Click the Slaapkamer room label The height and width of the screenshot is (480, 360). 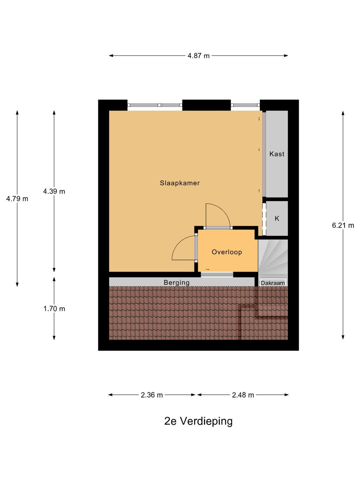[180, 183]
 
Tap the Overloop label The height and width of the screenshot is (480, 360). [227, 252]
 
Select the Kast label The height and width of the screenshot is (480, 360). [277, 154]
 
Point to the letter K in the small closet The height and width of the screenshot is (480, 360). [277, 218]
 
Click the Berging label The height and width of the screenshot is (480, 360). [176, 283]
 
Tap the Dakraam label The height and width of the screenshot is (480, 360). [273, 283]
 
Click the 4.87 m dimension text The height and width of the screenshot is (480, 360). [198, 56]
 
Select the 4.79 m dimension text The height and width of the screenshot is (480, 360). [17, 199]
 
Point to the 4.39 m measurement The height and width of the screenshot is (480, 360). [54, 191]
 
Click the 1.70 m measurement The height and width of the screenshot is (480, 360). [54, 309]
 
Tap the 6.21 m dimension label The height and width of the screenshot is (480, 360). [343, 225]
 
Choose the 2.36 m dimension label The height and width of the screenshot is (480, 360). [152, 395]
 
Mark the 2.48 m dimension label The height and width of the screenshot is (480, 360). [243, 395]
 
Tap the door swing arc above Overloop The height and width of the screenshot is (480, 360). [223, 211]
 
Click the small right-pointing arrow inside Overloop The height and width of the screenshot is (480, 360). [207, 269]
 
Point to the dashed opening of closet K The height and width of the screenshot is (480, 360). [264, 219]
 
